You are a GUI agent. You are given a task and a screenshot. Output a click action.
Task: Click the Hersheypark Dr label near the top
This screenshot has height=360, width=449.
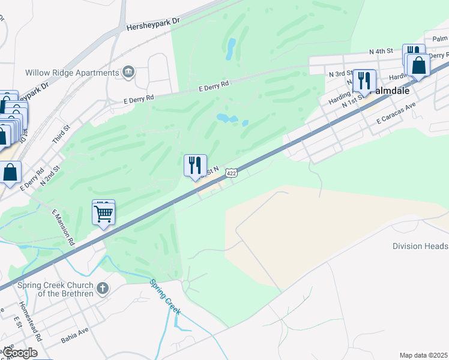click(x=154, y=23)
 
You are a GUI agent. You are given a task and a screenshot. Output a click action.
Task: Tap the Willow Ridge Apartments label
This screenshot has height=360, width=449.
click(x=72, y=73)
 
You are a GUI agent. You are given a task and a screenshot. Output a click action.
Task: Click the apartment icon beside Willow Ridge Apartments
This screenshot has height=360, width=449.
click(x=128, y=73)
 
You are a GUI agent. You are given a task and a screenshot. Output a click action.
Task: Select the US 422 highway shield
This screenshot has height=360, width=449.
click(x=231, y=173)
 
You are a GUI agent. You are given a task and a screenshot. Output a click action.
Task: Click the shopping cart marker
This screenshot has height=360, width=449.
click(x=104, y=213)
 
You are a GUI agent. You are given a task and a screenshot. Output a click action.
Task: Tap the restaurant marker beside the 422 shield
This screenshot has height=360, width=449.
click(x=195, y=166)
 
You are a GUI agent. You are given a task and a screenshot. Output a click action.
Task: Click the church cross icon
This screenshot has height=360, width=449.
click(x=103, y=289)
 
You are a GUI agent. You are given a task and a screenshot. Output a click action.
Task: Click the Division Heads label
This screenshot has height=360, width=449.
click(x=420, y=246)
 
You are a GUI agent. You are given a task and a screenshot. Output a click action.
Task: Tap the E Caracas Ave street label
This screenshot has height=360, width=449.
click(x=396, y=113)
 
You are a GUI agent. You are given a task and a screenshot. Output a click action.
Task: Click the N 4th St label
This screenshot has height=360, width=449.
click(x=381, y=52)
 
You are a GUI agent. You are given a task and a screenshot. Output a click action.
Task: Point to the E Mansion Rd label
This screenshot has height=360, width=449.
click(x=63, y=227)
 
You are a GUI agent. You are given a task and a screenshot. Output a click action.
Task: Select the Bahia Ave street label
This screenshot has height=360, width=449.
click(x=74, y=335)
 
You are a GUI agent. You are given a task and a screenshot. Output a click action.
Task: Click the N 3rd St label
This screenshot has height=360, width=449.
click(x=340, y=73)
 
